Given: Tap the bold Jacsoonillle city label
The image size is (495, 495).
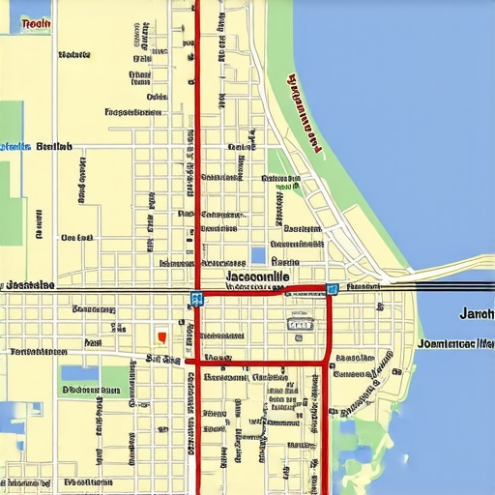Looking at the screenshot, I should tap(256, 277).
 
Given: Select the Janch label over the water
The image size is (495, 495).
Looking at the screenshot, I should tap(476, 314).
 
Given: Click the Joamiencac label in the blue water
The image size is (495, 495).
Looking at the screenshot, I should tap(456, 343).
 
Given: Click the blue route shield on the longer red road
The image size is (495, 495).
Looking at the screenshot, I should tap(196, 299).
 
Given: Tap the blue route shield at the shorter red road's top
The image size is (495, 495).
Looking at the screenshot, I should tap(332, 288).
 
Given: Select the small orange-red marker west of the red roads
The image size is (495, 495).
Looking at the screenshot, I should tap(161, 336).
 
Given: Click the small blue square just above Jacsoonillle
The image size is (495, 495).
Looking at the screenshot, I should tap(257, 255).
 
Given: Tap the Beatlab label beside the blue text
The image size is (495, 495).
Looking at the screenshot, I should tap(54, 147).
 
